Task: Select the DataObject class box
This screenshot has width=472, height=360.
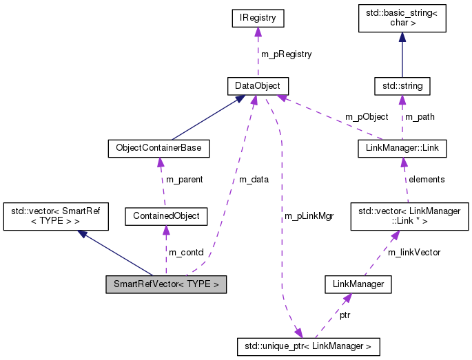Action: click(x=258, y=86)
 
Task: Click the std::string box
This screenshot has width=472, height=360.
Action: click(x=402, y=86)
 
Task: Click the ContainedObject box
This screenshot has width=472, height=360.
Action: click(x=165, y=216)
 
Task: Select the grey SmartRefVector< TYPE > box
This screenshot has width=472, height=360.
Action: click(x=165, y=284)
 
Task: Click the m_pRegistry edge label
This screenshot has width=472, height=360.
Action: click(x=286, y=54)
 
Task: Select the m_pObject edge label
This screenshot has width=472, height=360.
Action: click(x=367, y=116)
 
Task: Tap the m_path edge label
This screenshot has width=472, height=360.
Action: click(x=420, y=116)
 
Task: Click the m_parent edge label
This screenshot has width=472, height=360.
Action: click(x=185, y=180)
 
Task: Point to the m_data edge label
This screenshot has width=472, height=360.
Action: click(x=254, y=180)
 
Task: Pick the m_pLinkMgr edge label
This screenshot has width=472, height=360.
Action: click(x=309, y=216)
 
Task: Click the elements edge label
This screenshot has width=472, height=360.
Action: click(x=427, y=180)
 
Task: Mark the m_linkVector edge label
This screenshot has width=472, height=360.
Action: click(x=413, y=252)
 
